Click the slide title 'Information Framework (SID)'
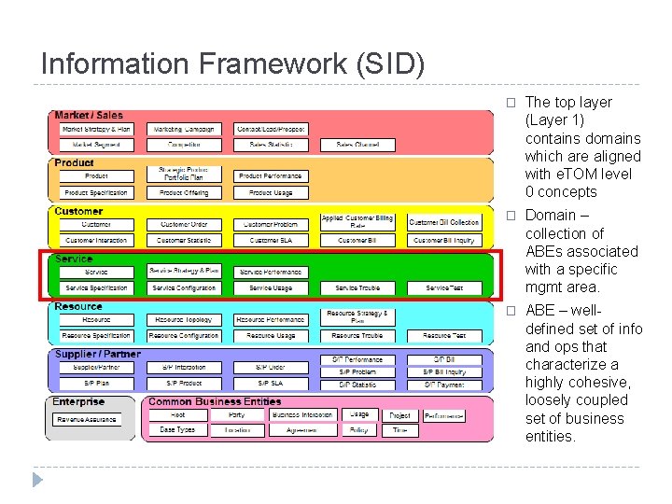pyautogui.click(x=232, y=63)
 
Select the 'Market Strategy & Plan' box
pyautogui.click(x=96, y=129)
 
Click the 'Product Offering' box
pyautogui.click(x=183, y=192)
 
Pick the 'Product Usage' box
pyautogui.click(x=271, y=192)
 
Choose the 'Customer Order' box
pyautogui.click(x=183, y=225)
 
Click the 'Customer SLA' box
pyautogui.click(x=271, y=241)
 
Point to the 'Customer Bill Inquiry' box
pyautogui.click(x=444, y=241)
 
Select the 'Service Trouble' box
pyautogui.click(x=357, y=288)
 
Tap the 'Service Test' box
pyautogui.click(x=444, y=288)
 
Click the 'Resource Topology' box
pyautogui.click(x=183, y=320)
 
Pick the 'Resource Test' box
pyautogui.click(x=444, y=336)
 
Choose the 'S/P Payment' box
pyautogui.click(x=444, y=384)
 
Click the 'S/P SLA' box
pyautogui.click(x=271, y=384)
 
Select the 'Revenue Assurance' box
pyautogui.click(x=87, y=420)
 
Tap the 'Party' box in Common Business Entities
pyautogui.click(x=236, y=414)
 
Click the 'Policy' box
pyautogui.click(x=358, y=430)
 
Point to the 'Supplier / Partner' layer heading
pyautogui.click(x=97, y=355)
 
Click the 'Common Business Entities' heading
pyautogui.click(x=215, y=402)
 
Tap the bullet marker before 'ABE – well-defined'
pyautogui.click(x=510, y=311)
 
